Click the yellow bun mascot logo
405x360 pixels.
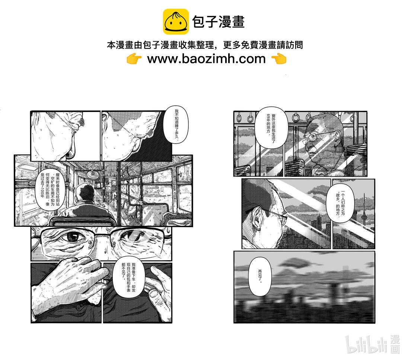(175, 22)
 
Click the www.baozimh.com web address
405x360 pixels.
(206, 59)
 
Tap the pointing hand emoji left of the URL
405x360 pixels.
(134, 59)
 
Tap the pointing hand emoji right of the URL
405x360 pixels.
(278, 59)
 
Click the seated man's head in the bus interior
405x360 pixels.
(85, 193)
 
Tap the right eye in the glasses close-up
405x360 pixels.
(132, 236)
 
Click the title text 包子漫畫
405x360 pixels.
(218, 22)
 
